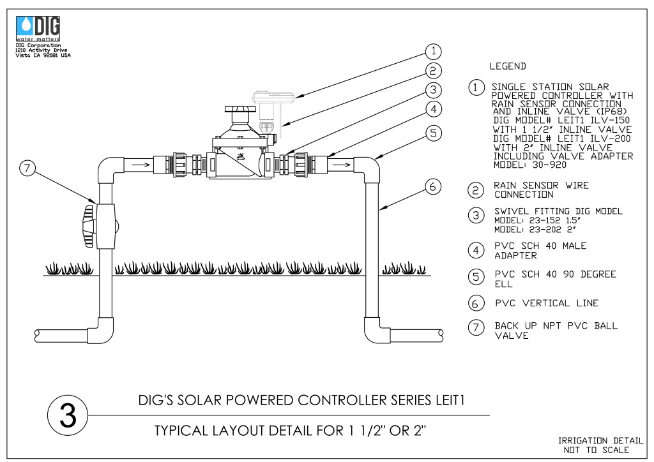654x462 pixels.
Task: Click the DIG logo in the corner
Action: (x=38, y=28)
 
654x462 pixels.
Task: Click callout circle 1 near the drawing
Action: (x=434, y=52)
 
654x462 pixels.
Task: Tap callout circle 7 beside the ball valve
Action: (x=27, y=168)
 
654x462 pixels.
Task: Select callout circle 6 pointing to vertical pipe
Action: (x=433, y=186)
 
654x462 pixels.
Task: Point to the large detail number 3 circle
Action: (x=68, y=415)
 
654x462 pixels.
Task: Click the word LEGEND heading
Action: (x=508, y=66)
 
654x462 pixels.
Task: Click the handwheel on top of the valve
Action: (x=240, y=109)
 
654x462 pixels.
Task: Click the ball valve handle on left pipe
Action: (x=89, y=226)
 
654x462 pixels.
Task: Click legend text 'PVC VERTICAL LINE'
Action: (x=547, y=303)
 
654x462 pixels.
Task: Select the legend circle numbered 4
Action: (x=476, y=250)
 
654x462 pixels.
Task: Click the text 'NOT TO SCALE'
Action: (x=596, y=450)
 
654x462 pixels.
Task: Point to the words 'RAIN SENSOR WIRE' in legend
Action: (x=541, y=186)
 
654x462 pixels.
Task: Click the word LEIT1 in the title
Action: (x=450, y=400)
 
